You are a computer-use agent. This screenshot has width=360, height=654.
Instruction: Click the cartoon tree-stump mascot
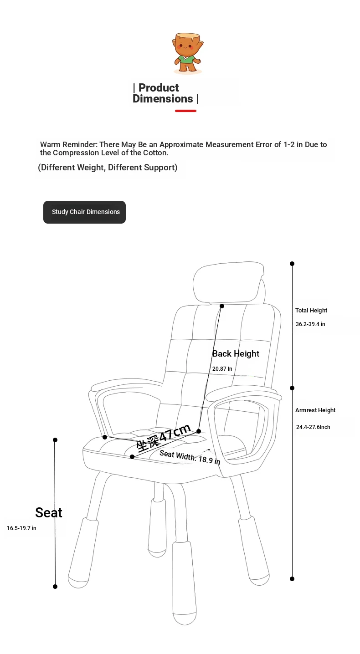[187, 53]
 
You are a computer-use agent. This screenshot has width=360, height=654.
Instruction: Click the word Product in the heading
[159, 87]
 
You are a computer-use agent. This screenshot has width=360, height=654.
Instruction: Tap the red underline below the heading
[185, 111]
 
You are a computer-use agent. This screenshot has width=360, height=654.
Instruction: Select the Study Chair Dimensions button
[84, 212]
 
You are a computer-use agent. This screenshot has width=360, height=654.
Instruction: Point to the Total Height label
[311, 310]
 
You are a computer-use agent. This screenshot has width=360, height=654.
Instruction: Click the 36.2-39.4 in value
[310, 324]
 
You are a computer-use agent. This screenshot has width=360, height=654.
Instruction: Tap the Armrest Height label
[315, 410]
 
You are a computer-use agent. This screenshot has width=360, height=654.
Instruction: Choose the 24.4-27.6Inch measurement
[313, 427]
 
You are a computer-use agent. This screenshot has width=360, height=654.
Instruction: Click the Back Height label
[236, 354]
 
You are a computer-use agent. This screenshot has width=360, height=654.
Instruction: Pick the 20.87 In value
[222, 369]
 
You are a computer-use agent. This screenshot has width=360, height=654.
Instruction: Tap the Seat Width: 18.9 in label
[190, 457]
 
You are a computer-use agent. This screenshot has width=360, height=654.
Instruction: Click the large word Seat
[49, 513]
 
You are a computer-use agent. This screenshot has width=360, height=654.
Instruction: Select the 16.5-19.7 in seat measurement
[21, 528]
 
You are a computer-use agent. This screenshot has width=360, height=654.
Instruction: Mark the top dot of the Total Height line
[292, 264]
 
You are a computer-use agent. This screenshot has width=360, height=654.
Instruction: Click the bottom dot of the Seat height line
[55, 587]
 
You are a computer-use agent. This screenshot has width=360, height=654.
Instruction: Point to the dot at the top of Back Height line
[222, 306]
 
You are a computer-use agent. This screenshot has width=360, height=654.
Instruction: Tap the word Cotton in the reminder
[155, 153]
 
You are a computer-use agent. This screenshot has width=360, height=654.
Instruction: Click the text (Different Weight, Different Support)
[108, 168]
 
